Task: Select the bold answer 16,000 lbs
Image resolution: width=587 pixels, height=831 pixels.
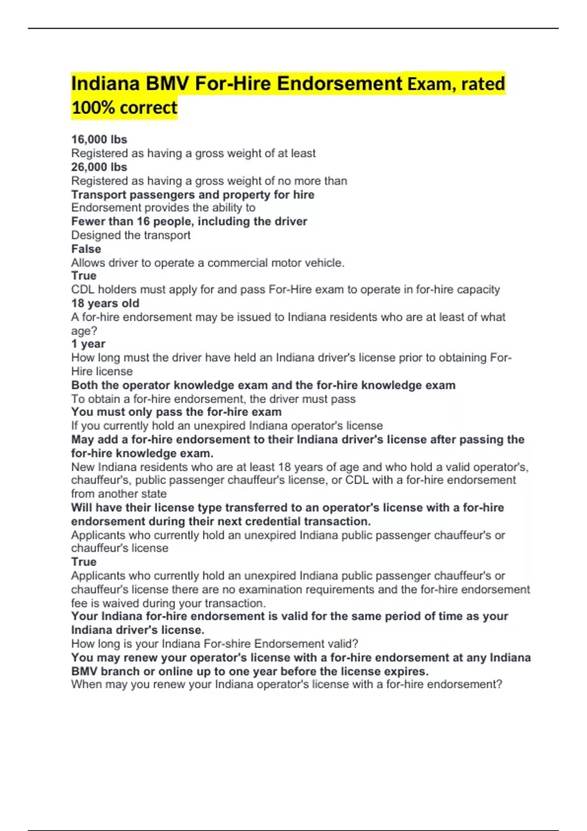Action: [x=99, y=139]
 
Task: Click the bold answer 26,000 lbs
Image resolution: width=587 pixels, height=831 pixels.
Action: [x=99, y=167]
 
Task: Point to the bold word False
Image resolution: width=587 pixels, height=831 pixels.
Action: [x=86, y=249]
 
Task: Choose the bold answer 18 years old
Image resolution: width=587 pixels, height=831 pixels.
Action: [x=105, y=303]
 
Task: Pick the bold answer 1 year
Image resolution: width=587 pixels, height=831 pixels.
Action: [x=88, y=344]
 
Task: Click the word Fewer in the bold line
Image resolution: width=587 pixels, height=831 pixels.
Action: [x=87, y=221]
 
